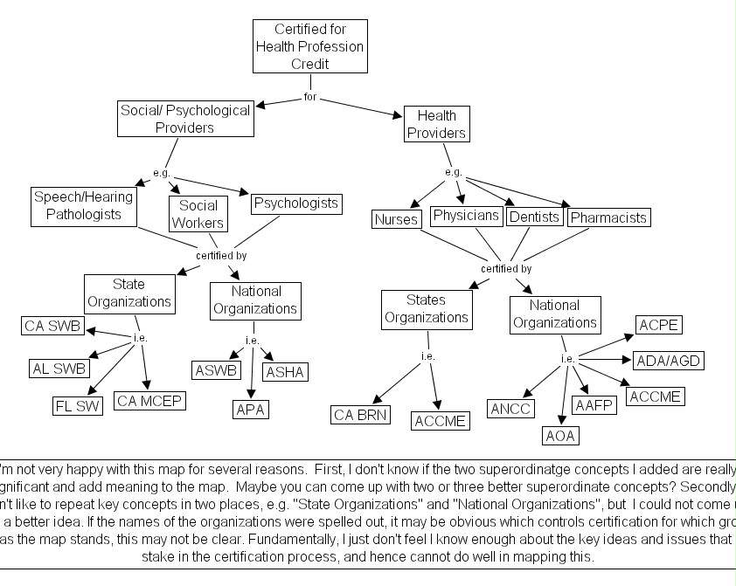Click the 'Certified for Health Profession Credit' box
[x=310, y=46]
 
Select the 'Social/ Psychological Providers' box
[x=185, y=119]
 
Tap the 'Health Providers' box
[x=437, y=124]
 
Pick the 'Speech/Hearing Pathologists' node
[x=84, y=205]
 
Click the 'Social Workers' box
[x=198, y=214]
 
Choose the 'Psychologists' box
[x=295, y=203]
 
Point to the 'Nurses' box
[x=396, y=219]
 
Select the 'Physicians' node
[x=466, y=216]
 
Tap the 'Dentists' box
[x=533, y=217]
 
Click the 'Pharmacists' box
[x=608, y=217]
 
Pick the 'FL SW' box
[x=78, y=404]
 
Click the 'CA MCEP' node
[x=150, y=401]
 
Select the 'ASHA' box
[x=285, y=371]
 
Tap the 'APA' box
[x=251, y=408]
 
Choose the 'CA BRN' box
[x=361, y=414]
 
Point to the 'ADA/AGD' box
[x=669, y=360]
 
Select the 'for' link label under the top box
[x=310, y=96]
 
